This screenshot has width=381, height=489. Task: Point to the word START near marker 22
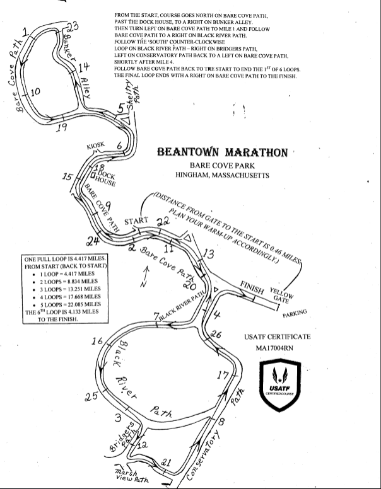tap(136, 221)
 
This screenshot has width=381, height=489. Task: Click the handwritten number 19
tap(61, 129)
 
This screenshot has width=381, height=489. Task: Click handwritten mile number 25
tap(91, 396)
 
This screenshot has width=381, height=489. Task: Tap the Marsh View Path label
tap(131, 476)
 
